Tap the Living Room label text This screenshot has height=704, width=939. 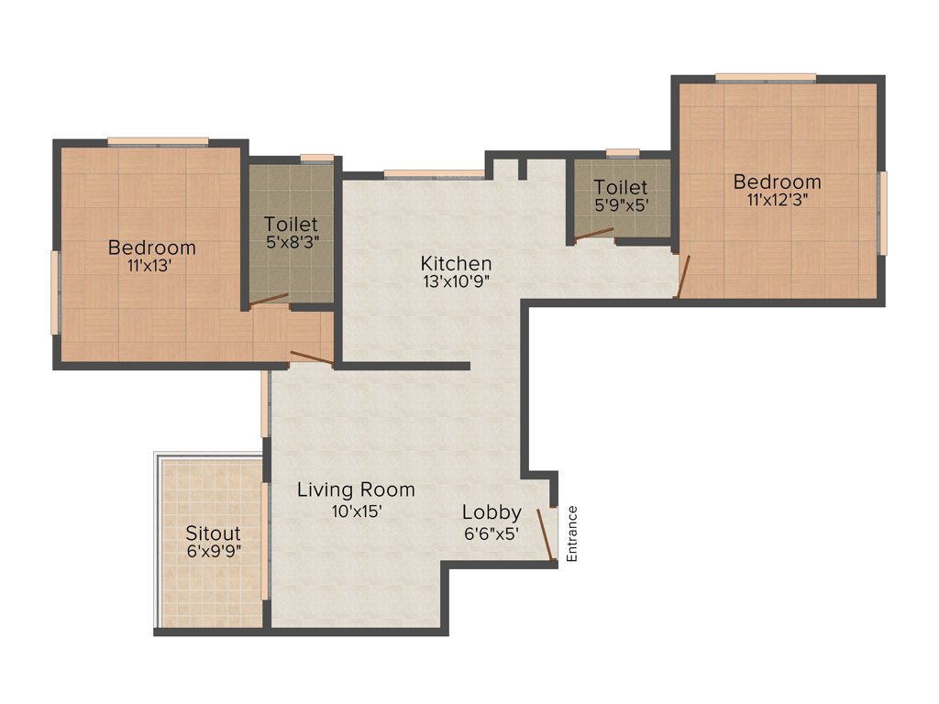[356, 490]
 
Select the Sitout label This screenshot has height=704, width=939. [213, 533]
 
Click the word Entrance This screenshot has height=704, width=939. [572, 533]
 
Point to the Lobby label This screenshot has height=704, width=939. [492, 512]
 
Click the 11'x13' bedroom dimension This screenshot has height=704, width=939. [151, 267]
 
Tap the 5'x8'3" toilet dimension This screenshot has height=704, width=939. [292, 243]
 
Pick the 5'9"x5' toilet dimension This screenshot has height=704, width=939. [620, 206]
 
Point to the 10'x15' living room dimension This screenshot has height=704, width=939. [356, 511]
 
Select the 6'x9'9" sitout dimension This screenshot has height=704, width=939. [213, 552]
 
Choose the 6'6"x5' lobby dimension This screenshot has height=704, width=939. [492, 532]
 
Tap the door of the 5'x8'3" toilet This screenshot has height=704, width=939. [269, 300]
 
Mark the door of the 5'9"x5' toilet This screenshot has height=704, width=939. [593, 234]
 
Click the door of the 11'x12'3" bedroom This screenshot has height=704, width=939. [681, 277]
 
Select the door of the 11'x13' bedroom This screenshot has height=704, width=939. [311, 357]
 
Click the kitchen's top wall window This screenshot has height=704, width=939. [434, 173]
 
